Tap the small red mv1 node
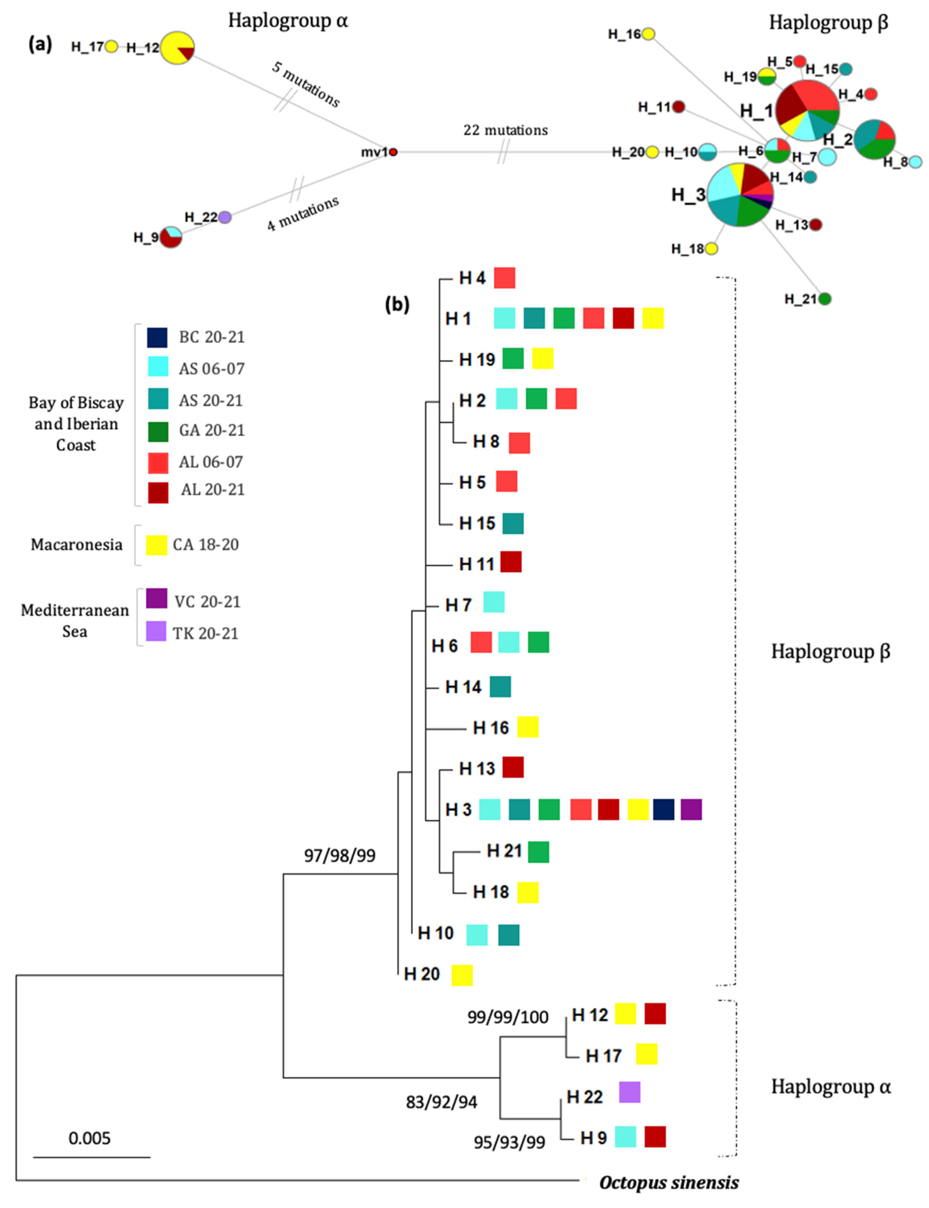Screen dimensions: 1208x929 click(x=393, y=152)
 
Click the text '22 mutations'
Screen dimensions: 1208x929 click(x=505, y=130)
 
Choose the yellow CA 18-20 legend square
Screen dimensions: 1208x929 click(x=157, y=545)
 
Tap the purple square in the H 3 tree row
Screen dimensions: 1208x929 click(x=691, y=810)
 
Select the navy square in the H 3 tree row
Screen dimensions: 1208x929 click(x=664, y=810)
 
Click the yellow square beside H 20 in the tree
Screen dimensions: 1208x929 click(x=462, y=975)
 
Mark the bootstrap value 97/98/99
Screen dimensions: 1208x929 click(x=339, y=856)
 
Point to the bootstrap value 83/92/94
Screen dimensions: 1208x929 click(x=441, y=1102)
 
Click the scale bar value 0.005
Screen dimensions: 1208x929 click(x=90, y=1138)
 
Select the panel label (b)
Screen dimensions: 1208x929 click(x=397, y=304)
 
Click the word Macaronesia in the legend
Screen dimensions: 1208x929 click(x=76, y=545)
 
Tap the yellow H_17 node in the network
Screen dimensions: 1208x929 click(x=112, y=47)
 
